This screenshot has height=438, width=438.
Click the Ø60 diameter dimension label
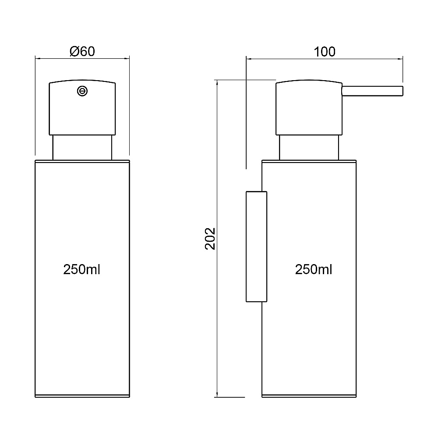click(82, 51)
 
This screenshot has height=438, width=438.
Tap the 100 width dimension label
click(324, 52)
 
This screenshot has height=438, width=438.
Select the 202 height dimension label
click(210, 239)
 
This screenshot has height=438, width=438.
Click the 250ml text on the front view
click(81, 269)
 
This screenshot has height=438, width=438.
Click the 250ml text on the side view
click(314, 269)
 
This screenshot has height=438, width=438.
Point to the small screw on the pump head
click(82, 91)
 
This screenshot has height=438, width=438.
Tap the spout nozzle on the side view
click(372, 92)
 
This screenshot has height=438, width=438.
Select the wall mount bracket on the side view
click(256, 247)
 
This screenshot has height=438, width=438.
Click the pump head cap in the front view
click(82, 108)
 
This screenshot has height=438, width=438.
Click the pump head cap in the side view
click(309, 108)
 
